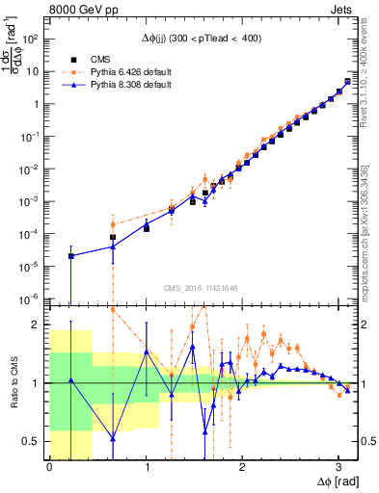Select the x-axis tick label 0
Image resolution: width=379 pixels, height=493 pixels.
coord(49,467)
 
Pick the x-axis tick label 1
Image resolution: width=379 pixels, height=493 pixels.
coord(146,467)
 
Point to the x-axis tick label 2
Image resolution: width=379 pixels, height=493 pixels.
coord(241,467)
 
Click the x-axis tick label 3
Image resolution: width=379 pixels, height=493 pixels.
coord(338,467)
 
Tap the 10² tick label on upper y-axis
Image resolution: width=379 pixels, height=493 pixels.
coord(32,39)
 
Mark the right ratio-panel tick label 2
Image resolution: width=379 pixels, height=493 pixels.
coord(361,325)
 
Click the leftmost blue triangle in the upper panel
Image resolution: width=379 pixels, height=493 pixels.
coord(70,255)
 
